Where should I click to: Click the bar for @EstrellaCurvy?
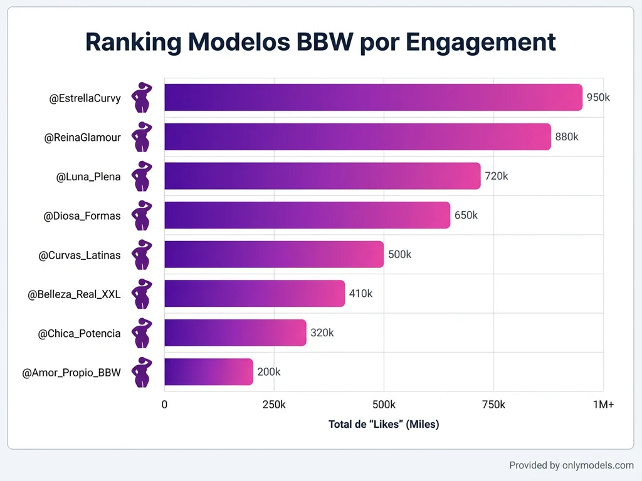(373, 98)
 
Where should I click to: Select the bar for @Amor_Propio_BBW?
(208, 372)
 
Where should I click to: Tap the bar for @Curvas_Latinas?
(274, 254)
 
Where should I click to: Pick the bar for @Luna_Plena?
(322, 176)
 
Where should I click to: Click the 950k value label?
(598, 98)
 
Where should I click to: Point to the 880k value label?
(567, 137)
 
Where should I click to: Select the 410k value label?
(360, 294)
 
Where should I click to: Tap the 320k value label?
(322, 333)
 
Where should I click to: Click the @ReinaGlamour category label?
(82, 138)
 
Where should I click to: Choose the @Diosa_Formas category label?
(82, 216)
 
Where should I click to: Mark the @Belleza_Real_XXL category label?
(74, 294)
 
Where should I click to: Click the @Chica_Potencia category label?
(79, 333)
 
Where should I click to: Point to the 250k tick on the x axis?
(274, 405)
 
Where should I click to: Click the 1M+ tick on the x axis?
(603, 405)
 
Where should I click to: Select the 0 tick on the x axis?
(165, 405)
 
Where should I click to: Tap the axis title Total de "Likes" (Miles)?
(384, 425)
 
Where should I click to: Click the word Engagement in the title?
(480, 42)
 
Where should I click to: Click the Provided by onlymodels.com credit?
(571, 465)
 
